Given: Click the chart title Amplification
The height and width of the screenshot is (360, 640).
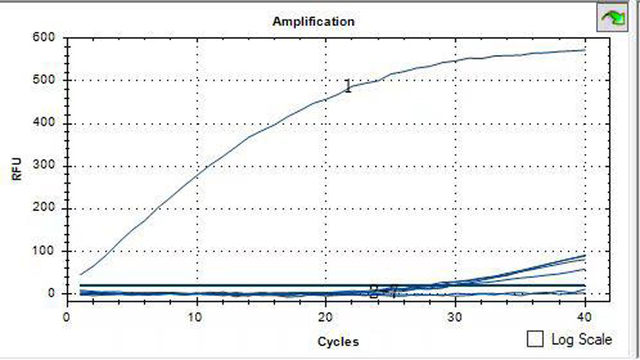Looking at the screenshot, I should point(313,21).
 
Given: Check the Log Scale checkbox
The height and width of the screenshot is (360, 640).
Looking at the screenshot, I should point(536,338).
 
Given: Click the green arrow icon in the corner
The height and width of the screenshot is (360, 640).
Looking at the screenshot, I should point(610,17).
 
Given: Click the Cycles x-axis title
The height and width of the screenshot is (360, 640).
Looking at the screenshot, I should point(338,341).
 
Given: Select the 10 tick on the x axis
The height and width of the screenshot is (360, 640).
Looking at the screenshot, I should point(196,317).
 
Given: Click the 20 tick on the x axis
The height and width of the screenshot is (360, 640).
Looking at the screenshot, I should point(326,317).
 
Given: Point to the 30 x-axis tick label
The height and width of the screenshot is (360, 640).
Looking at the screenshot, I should point(455,317).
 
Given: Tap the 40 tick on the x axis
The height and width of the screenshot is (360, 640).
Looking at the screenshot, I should point(584,317).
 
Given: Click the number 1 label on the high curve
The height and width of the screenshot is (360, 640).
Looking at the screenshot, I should point(347,87).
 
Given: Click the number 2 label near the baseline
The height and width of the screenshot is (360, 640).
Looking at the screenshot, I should point(373,292).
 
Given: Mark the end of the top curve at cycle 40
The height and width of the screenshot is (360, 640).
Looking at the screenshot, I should point(584,50).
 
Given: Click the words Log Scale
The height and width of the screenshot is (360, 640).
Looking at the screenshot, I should point(581,339).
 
